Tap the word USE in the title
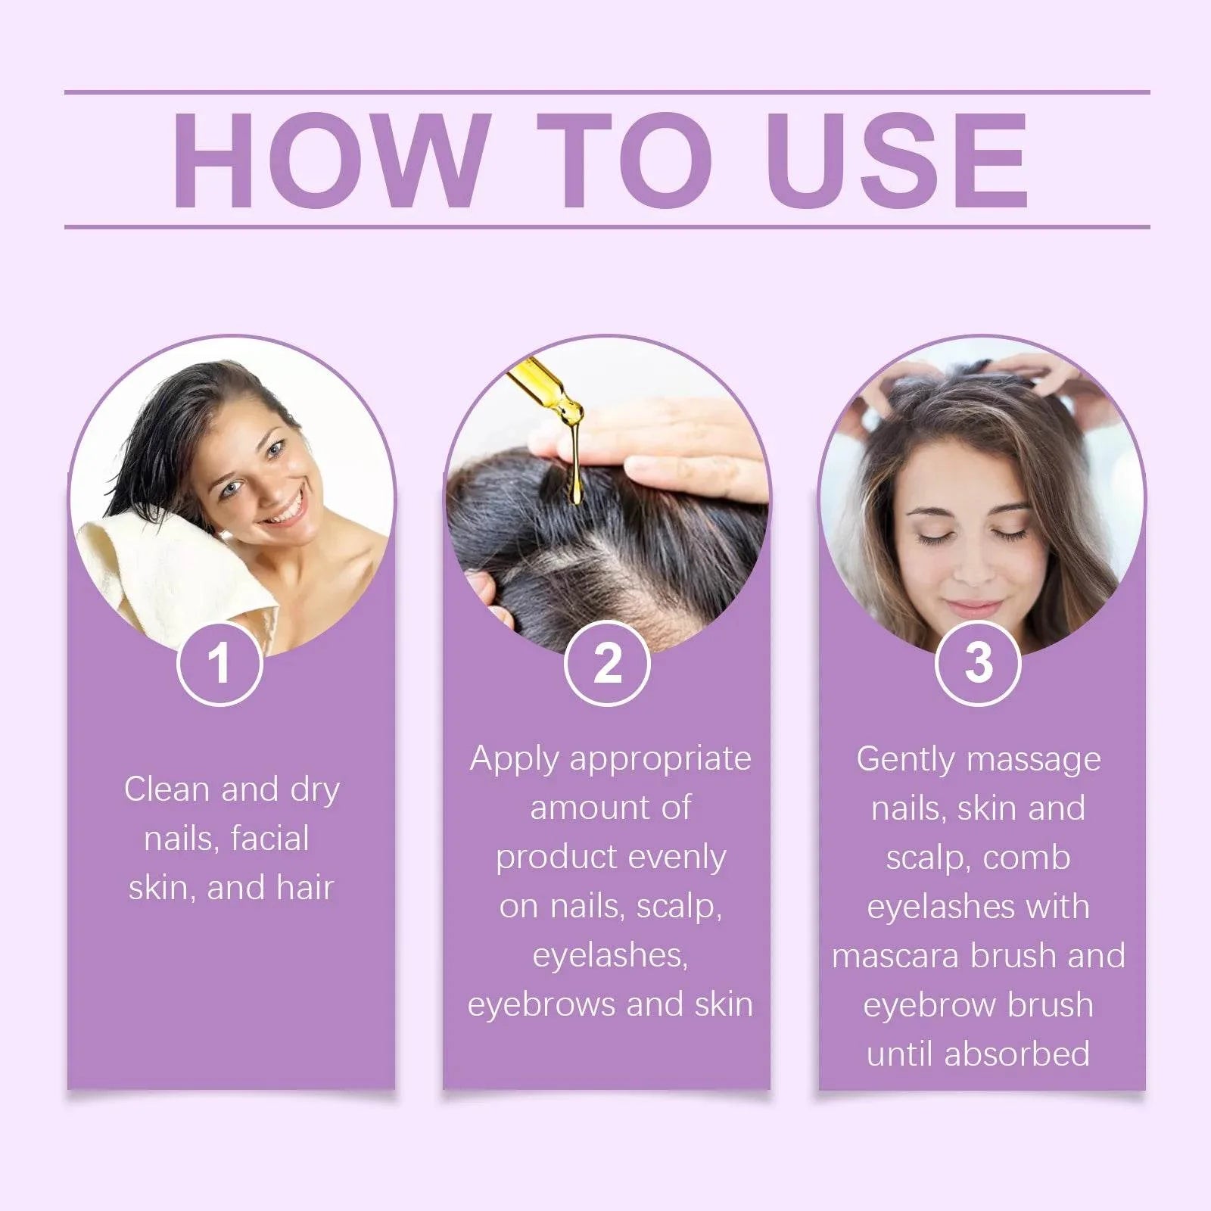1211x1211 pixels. point(898,160)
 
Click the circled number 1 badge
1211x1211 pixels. point(219,663)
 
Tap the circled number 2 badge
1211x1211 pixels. point(607,663)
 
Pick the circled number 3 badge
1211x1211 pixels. point(978,663)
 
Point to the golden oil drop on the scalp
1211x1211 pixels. point(577,488)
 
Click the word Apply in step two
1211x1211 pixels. point(515,759)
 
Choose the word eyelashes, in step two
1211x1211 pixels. point(610,955)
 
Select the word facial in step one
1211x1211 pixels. point(269,839)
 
